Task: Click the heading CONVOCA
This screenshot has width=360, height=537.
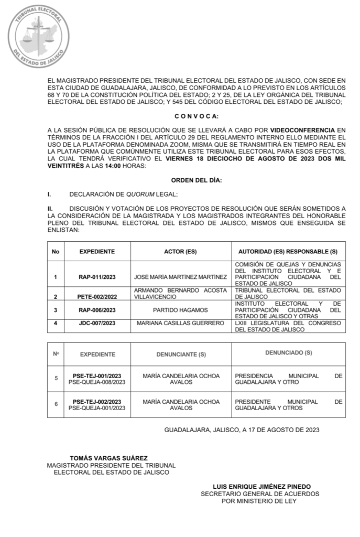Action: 196,115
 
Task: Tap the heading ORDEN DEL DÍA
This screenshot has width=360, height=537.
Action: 196,180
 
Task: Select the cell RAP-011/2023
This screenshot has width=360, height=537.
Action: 97,276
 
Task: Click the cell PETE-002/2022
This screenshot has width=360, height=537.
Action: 97,296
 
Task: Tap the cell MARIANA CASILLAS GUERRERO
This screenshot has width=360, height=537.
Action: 180,323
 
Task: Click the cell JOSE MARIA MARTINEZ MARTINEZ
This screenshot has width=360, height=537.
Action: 180,276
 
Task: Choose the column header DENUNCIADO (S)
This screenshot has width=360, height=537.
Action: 288,353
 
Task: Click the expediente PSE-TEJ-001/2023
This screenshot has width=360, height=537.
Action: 97,375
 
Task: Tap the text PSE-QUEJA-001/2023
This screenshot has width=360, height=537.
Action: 97,408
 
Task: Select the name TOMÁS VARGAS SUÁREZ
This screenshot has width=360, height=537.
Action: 109,458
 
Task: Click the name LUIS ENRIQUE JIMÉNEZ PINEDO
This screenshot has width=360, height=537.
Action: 260,486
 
